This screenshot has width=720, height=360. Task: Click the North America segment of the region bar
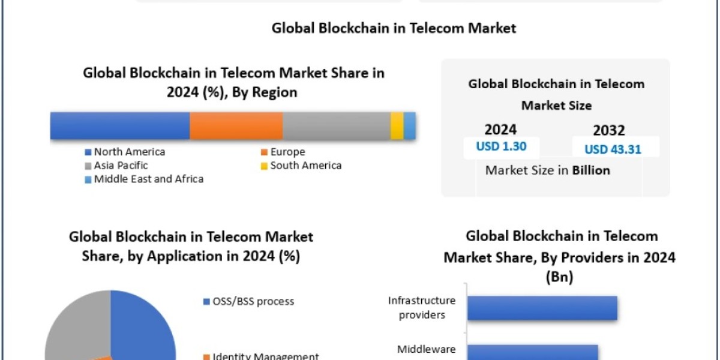pos(120,126)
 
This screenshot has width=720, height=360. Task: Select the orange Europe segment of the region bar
pos(236,126)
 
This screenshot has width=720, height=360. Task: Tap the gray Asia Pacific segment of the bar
pos(336,126)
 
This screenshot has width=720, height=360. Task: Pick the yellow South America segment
pos(397,126)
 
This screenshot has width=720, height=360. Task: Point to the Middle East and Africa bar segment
pos(410,126)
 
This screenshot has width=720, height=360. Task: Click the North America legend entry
pos(129,152)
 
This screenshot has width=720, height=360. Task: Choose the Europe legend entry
pos(287,152)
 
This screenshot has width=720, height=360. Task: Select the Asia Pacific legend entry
pos(121,165)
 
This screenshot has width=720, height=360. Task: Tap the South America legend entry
pos(305,165)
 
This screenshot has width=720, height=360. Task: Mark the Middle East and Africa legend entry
pos(148,179)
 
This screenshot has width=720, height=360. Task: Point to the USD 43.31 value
pos(613,149)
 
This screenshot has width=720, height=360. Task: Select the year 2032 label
pos(608,130)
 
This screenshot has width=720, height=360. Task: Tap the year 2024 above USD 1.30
pos(500,130)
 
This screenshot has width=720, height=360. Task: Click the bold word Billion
pos(590,170)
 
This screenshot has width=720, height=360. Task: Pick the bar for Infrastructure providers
pos(542,308)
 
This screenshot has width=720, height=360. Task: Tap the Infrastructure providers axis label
pos(421,307)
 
